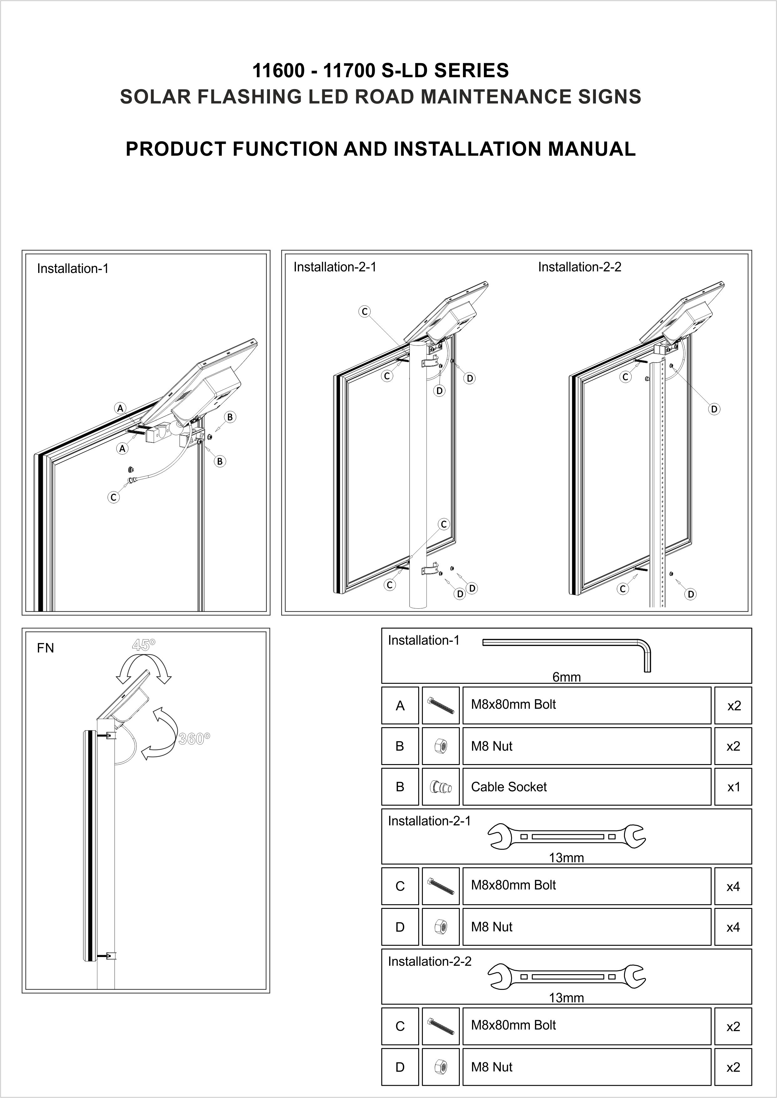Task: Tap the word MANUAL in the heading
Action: tap(592, 149)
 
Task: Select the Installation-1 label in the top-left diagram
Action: tap(73, 269)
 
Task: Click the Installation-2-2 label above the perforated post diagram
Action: tap(579, 267)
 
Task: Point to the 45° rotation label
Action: tap(144, 645)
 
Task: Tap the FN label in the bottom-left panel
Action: tap(45, 648)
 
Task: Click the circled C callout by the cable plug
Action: tap(114, 497)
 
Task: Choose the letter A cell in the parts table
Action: tap(400, 706)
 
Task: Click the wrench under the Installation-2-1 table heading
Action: tap(566, 836)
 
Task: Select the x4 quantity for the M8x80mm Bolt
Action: tap(733, 887)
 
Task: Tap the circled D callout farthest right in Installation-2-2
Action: tap(714, 409)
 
